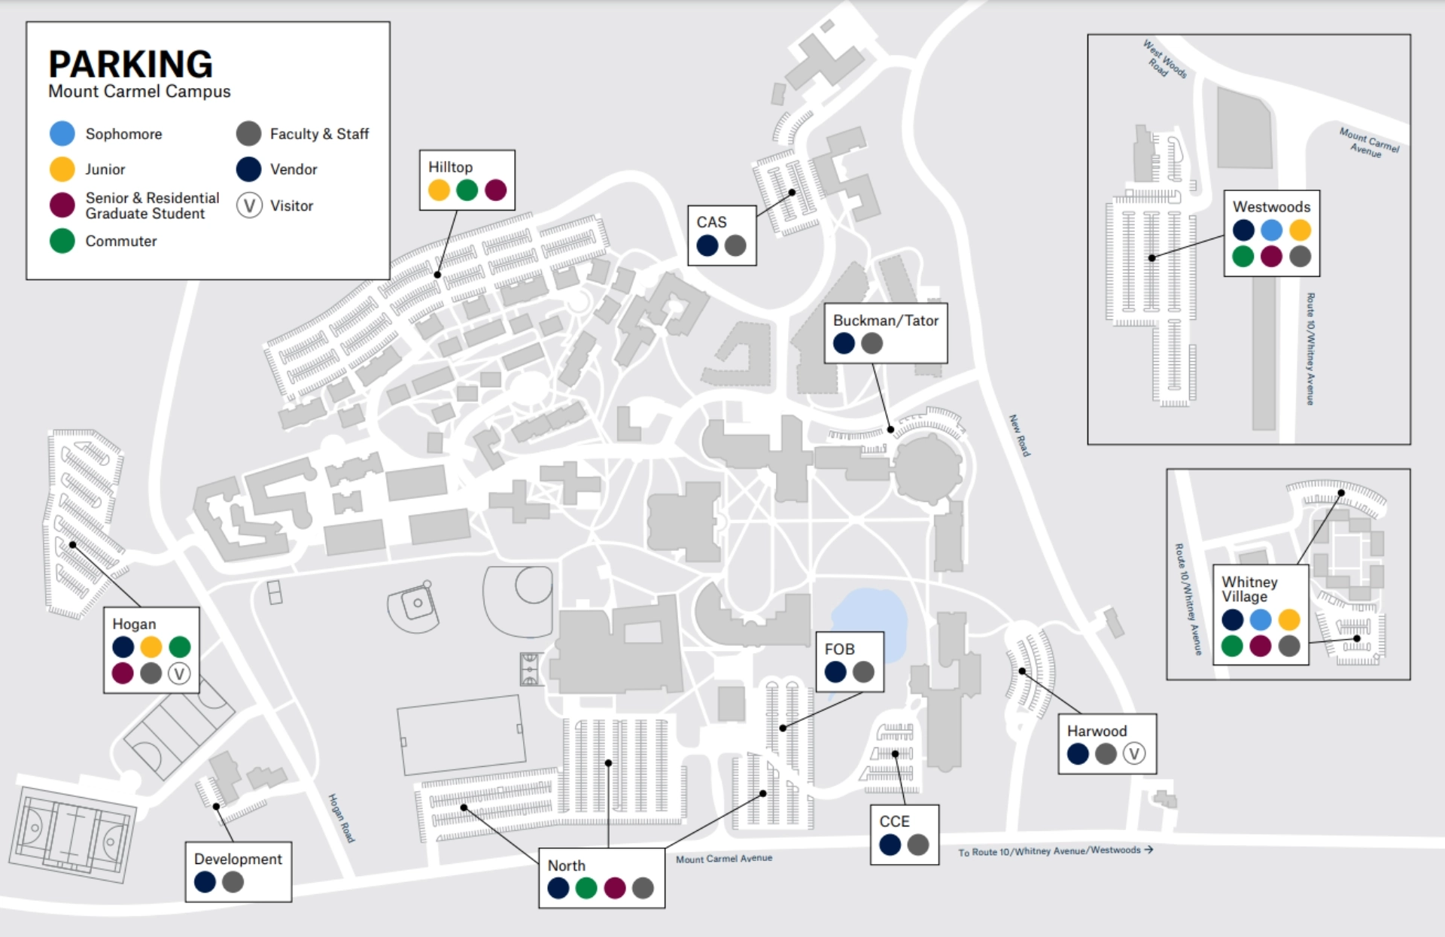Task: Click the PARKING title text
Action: (130, 65)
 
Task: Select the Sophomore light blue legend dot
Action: (62, 133)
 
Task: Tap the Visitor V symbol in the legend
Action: (249, 205)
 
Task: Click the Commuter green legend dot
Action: (62, 241)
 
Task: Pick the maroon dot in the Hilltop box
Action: (495, 190)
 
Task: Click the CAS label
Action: (711, 222)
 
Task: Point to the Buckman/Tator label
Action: (885, 321)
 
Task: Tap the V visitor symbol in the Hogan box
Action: (179, 674)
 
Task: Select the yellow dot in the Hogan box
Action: (151, 646)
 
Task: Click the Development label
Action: (238, 859)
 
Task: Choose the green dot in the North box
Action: (586, 888)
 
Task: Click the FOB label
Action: (839, 649)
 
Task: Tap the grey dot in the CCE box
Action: (918, 844)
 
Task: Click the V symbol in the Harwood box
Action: (1134, 753)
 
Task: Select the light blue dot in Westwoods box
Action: (1271, 230)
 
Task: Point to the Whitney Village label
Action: (1249, 589)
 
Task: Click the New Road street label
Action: (1019, 435)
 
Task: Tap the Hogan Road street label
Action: (341, 818)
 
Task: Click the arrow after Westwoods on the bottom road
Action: (1148, 850)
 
